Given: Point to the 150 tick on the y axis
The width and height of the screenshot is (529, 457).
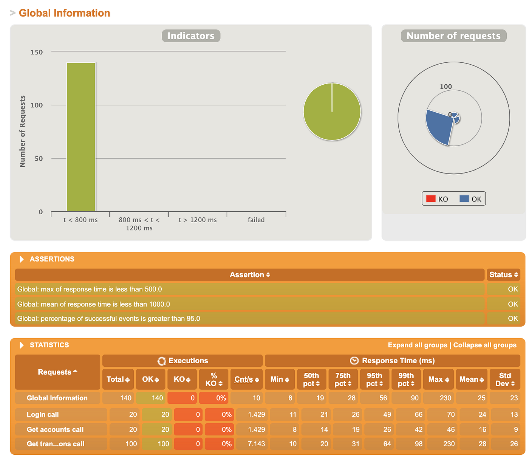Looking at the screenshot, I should click(37, 52).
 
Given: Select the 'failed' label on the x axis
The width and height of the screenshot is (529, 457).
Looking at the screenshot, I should click(256, 220).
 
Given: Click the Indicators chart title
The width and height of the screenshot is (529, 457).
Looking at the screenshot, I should click(191, 36).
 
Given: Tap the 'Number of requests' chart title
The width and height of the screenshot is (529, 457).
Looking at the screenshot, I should click(453, 36).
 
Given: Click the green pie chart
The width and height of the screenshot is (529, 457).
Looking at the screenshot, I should click(332, 112).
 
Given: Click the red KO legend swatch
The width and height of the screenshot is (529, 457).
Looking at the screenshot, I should click(431, 199).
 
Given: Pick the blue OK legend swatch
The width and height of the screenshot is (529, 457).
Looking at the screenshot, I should click(464, 199).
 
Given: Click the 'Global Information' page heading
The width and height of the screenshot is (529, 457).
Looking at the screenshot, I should click(64, 13).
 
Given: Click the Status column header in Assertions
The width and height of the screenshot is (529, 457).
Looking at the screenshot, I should click(503, 275).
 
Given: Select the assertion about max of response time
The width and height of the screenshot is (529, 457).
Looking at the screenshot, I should click(90, 289).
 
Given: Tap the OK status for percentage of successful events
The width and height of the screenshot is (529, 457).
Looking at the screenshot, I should click(513, 318).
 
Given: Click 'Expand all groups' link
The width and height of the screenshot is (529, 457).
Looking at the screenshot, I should click(417, 345).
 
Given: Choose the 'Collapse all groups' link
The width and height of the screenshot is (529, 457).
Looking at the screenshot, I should click(485, 345).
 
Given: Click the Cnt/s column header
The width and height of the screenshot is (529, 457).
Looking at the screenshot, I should click(246, 379).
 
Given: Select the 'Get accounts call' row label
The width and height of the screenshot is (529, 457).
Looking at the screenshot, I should click(55, 429).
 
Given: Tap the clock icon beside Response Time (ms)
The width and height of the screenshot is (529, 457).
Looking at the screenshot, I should click(354, 361).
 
